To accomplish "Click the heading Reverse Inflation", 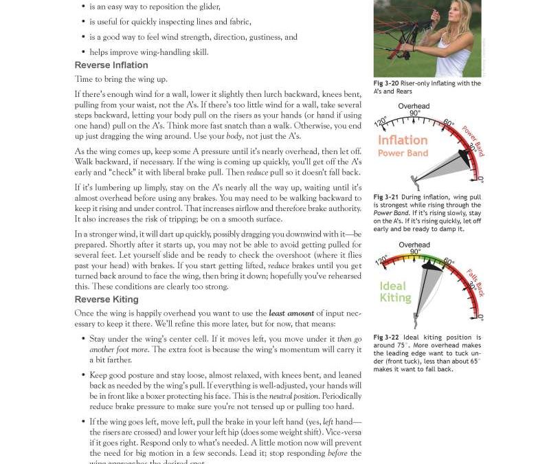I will pyautogui.click(x=111, y=66).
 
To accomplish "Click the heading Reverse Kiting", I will pyautogui.click(x=107, y=300).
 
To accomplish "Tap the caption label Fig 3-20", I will pyautogui.click(x=385, y=84).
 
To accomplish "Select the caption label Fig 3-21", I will pyautogui.click(x=385, y=197).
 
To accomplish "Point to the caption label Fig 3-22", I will pyautogui.click(x=386, y=338).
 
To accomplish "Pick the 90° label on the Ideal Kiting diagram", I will pyautogui.click(x=414, y=252).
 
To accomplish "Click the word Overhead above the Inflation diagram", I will pyautogui.click(x=414, y=106).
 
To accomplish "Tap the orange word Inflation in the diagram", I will pyautogui.click(x=403, y=140).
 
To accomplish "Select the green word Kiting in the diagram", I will pyautogui.click(x=395, y=298).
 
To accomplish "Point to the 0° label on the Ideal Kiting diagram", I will pyautogui.click(x=480, y=318).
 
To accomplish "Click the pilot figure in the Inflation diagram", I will pyautogui.click(x=414, y=183).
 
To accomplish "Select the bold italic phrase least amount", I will pyautogui.click(x=291, y=313).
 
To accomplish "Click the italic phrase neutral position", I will pyautogui.click(x=293, y=397).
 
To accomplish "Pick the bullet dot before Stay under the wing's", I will pyautogui.click(x=84, y=339).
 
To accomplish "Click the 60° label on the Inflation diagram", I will pyautogui.click(x=448, y=123).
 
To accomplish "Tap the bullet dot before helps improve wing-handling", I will pyautogui.click(x=84, y=52).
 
